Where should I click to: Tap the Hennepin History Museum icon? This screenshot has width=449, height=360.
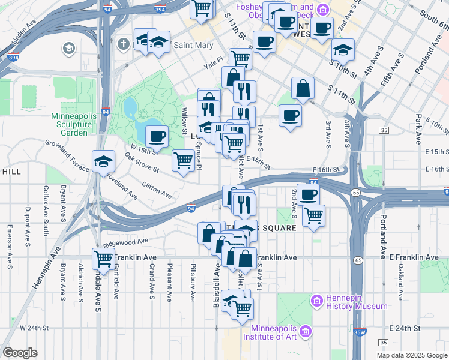[316, 300]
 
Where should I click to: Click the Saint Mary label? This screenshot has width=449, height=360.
[193, 45]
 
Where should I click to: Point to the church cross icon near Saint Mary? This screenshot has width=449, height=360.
[124, 44]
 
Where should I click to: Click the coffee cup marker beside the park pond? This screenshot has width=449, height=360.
[157, 136]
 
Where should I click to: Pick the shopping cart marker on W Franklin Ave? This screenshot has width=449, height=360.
[104, 259]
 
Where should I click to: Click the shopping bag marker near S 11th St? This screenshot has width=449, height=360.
[304, 88]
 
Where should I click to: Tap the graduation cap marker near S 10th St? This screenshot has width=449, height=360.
[343, 49]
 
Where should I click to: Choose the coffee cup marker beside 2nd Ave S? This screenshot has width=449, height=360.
[308, 194]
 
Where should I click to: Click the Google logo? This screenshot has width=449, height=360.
[20, 353]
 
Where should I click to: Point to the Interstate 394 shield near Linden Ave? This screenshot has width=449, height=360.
[12, 58]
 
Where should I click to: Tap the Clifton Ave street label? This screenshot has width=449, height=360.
[157, 191]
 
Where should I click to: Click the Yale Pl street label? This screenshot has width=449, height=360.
[213, 61]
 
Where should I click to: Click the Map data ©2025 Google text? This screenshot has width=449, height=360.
[411, 355]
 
